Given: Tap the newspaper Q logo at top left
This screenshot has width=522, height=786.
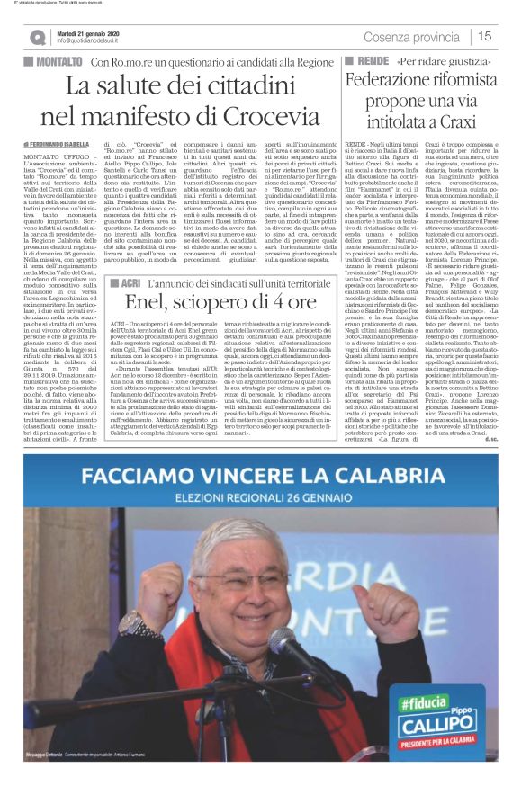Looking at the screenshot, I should [38, 37].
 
